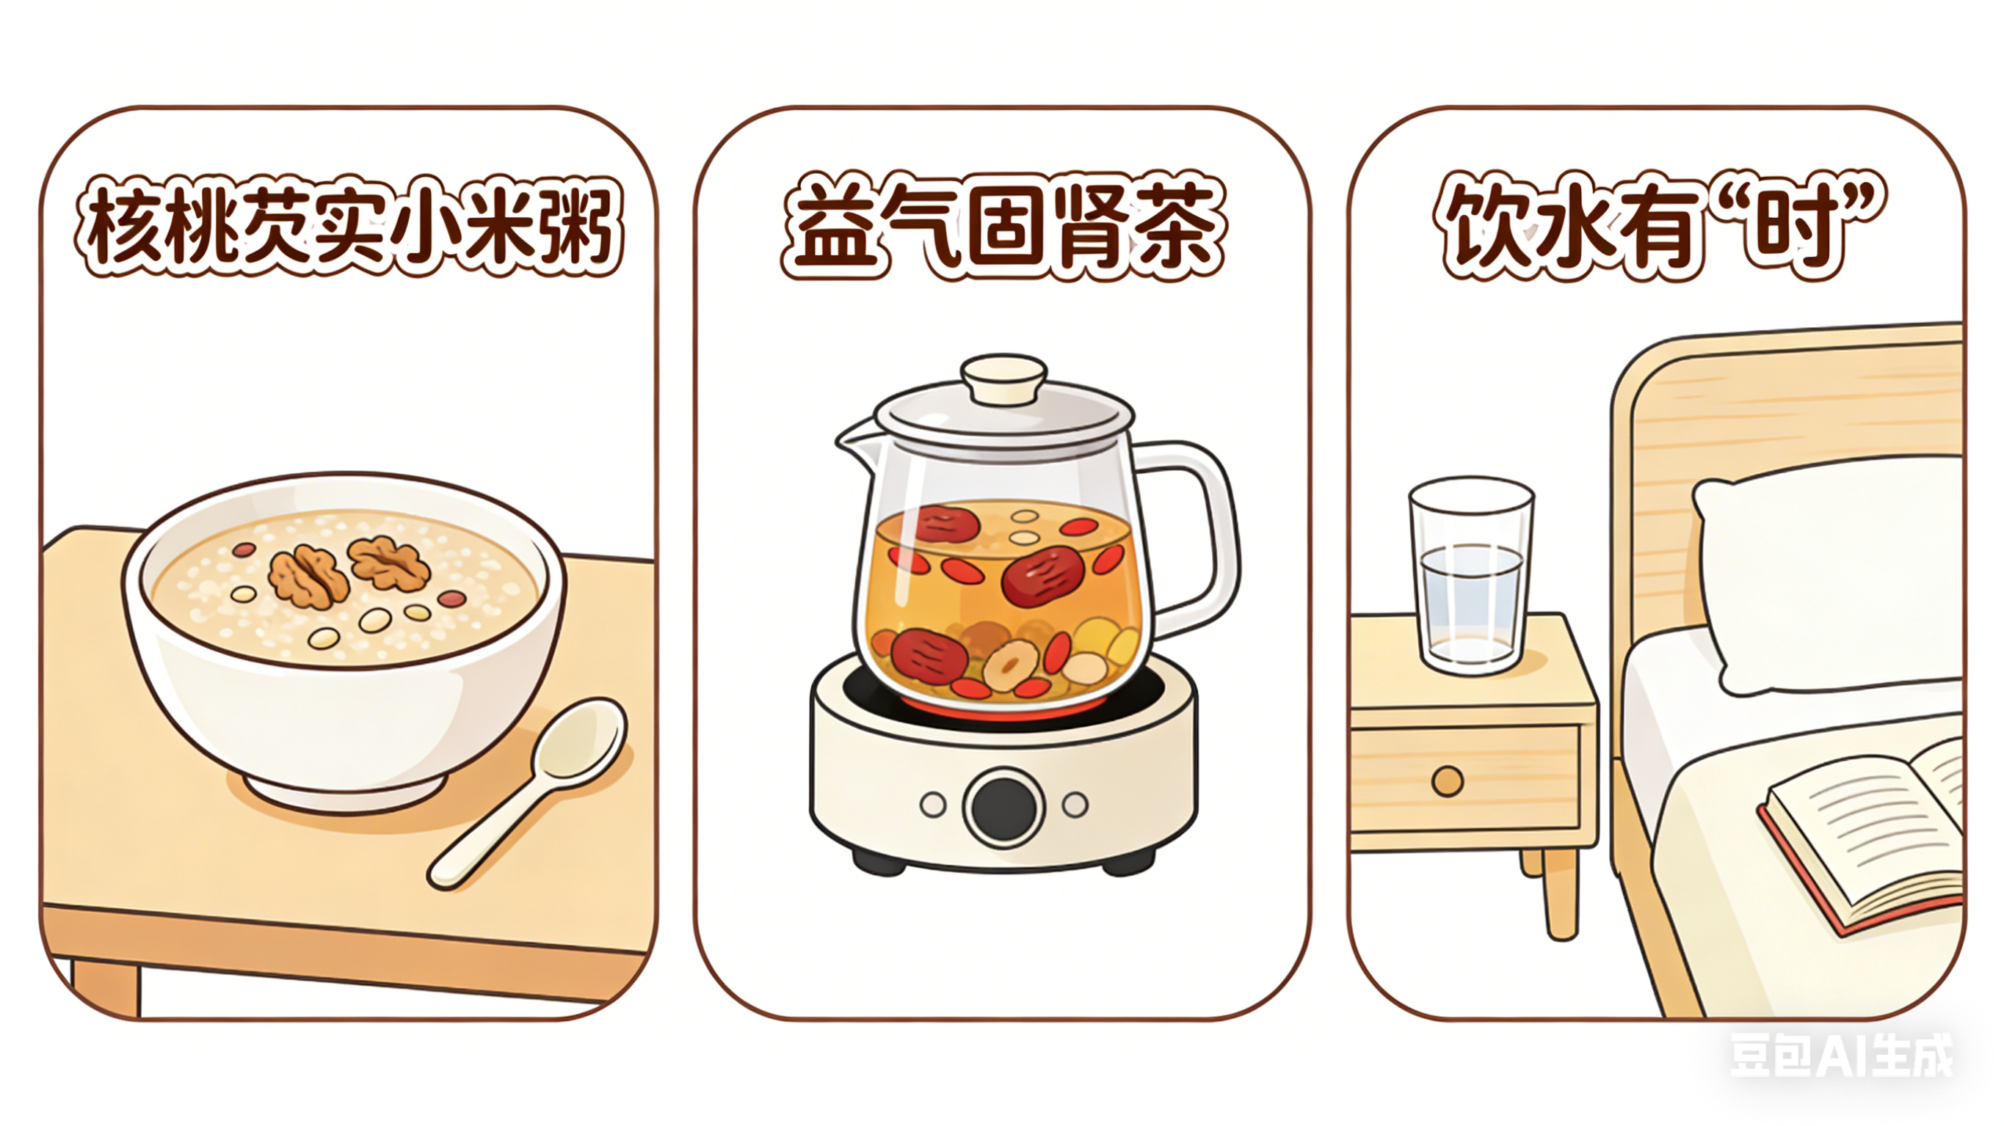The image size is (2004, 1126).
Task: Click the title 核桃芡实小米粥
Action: point(349,225)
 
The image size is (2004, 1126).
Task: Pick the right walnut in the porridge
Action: point(388,561)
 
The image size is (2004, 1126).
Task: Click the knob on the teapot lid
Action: point(1003,379)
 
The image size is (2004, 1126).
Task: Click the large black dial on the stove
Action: point(1003,808)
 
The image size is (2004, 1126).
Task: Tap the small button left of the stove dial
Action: point(933,805)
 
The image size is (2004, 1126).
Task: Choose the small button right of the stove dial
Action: point(1075,805)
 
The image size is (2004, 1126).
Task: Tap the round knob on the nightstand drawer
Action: point(1447,780)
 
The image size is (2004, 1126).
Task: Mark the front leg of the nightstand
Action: point(1561,894)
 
